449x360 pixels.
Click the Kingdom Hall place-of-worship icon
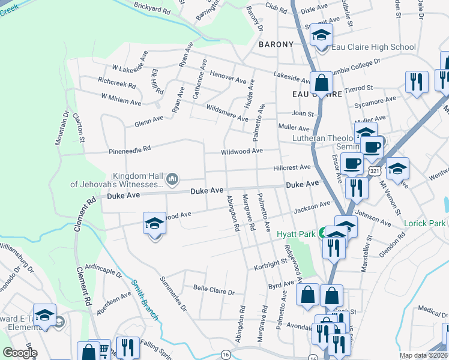172,178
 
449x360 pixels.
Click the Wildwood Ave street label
242,151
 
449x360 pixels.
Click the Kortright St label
271,264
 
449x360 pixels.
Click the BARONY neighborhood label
276,44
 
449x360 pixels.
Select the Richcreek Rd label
116,82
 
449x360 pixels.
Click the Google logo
19,353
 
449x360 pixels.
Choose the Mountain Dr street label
62,127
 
